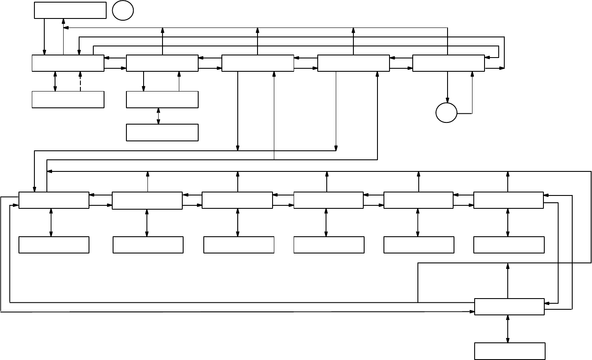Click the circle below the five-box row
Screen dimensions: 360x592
(447, 113)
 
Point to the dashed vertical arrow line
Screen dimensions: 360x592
(80, 81)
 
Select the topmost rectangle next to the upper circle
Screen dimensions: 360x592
(70, 10)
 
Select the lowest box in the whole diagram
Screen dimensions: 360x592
(510, 351)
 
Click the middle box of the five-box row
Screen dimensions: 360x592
(258, 63)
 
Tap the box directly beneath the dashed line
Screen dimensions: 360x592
(68, 100)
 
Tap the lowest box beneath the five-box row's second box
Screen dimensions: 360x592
(162, 133)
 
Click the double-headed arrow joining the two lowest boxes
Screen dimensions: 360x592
(508, 329)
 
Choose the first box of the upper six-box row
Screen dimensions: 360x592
(54, 200)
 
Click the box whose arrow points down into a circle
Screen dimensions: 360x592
(448, 63)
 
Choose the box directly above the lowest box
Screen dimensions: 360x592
(509, 307)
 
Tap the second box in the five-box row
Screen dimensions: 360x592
(162, 63)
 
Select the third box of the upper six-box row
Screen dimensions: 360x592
(237, 200)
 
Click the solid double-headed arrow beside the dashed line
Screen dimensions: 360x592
(55, 81)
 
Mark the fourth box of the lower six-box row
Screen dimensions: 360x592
(329, 245)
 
